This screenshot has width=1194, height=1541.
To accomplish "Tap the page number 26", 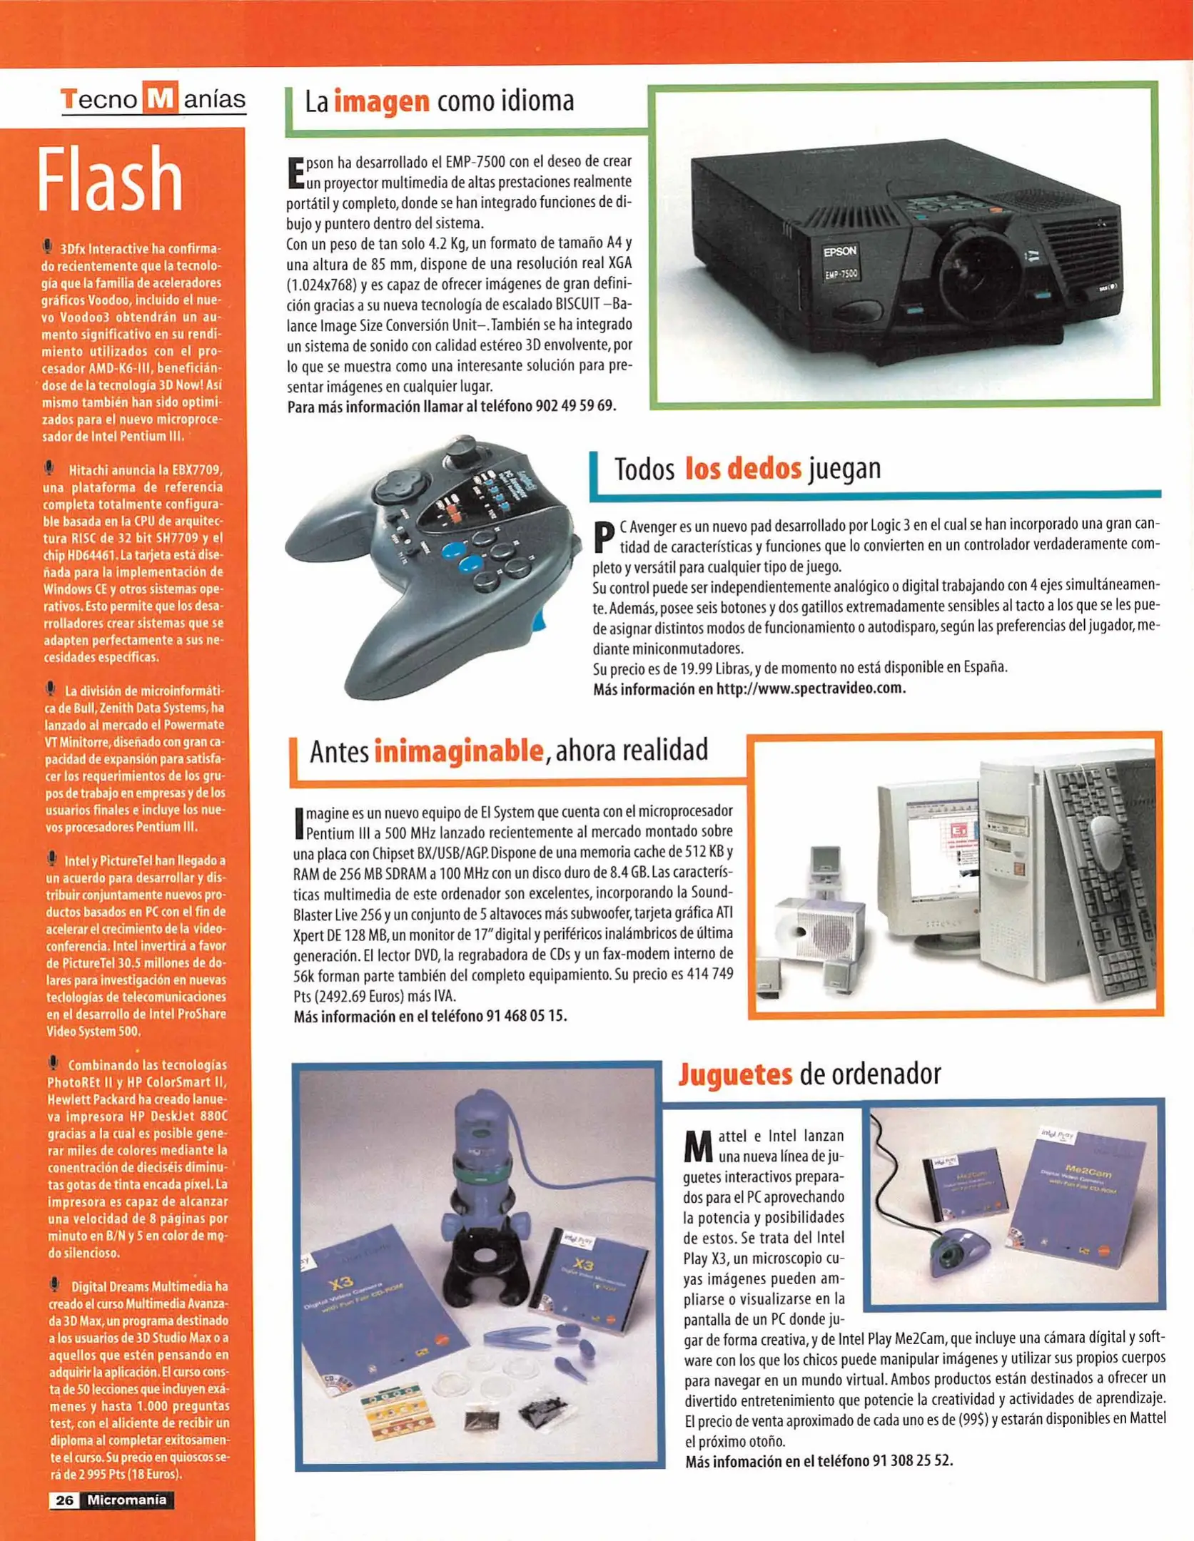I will coord(64,1500).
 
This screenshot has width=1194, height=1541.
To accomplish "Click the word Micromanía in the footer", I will coord(127,1500).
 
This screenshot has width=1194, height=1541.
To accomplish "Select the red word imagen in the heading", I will coord(382,102).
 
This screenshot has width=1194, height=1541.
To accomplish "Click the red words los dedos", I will coord(743,469).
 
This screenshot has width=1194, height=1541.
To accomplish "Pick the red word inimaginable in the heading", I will coord(458,751).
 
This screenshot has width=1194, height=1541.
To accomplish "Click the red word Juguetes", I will coord(735,1074).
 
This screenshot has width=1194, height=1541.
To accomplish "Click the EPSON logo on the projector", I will coord(840,252).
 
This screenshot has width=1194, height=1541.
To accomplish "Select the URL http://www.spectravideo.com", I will coord(811,689).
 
